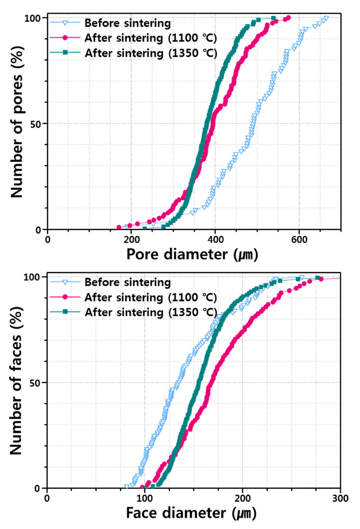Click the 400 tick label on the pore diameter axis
pos(215,238)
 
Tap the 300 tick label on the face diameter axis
pos(340,497)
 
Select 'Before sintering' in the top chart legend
pos(127,23)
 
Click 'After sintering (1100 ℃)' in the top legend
pos(150,38)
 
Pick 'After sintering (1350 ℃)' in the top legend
pos(150,53)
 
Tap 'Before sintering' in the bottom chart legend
pos(127,281)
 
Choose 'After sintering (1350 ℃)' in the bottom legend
pos(150,311)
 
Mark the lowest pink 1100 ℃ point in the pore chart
pos(119,227)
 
